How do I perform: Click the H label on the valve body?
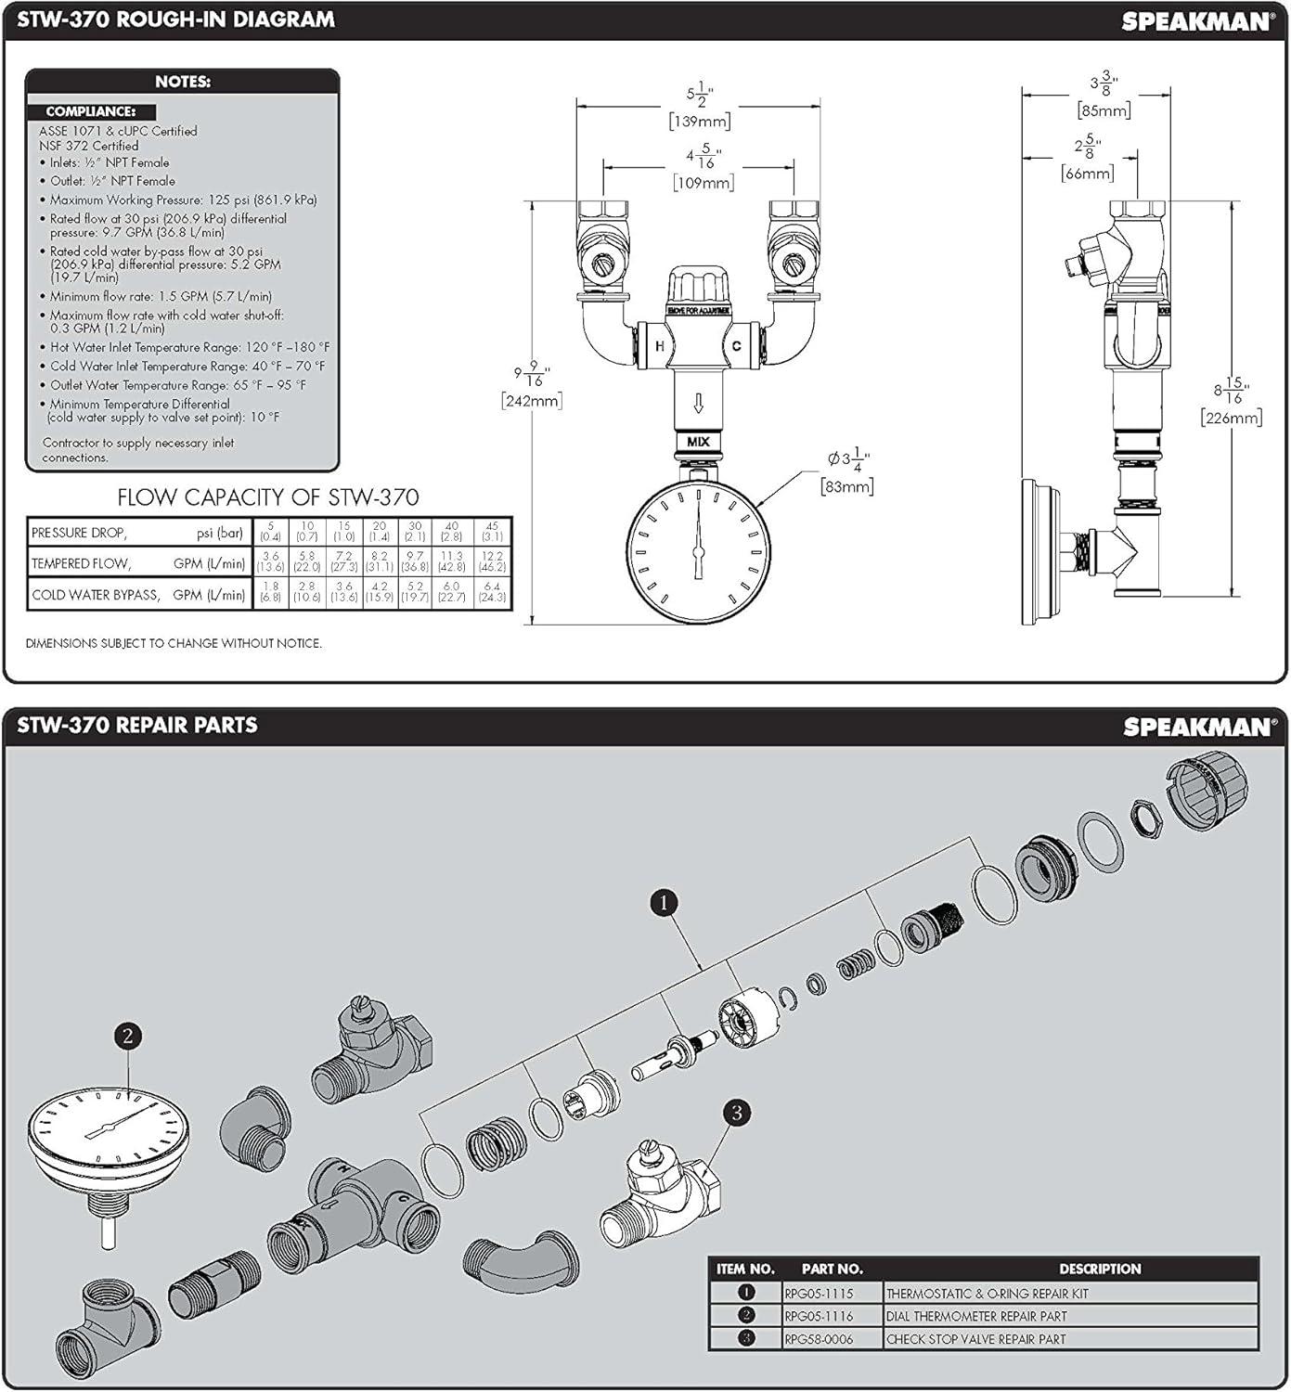click(x=660, y=346)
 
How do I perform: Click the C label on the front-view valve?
click(x=736, y=346)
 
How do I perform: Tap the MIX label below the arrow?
click(x=698, y=442)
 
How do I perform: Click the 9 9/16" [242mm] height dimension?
click(x=532, y=386)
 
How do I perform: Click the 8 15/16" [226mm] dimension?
click(x=1232, y=402)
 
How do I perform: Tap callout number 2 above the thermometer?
click(x=127, y=1036)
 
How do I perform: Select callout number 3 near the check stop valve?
click(x=736, y=1112)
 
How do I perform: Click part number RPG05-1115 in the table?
click(x=819, y=1294)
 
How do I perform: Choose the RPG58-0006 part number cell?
click(x=819, y=1339)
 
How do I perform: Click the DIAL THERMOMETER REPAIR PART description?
click(x=976, y=1316)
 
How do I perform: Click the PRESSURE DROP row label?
click(x=80, y=534)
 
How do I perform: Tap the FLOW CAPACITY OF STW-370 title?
click(x=267, y=497)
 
